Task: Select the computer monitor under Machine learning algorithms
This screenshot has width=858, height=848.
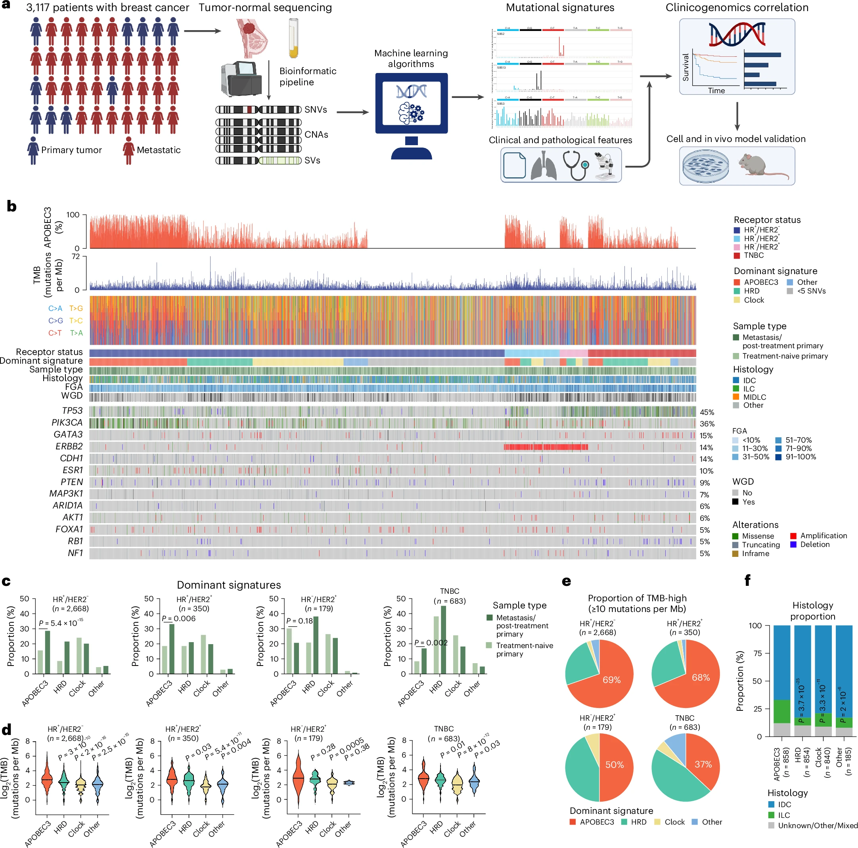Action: (411, 104)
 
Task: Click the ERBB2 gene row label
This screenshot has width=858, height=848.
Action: (69, 447)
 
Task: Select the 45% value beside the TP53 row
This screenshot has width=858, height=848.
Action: (707, 412)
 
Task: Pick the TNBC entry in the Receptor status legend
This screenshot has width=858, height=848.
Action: (753, 255)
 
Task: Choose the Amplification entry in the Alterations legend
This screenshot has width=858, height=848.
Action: (823, 536)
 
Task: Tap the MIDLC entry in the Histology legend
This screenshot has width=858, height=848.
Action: (754, 397)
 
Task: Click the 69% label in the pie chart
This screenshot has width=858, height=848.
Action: (611, 680)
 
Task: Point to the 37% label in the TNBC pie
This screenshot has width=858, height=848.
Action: (703, 764)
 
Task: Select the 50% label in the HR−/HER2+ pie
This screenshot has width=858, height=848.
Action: (615, 764)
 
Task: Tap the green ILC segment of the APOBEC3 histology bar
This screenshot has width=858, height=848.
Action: (781, 711)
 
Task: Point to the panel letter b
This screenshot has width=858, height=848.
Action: (11, 206)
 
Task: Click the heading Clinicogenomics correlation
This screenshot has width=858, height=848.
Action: (737, 8)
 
